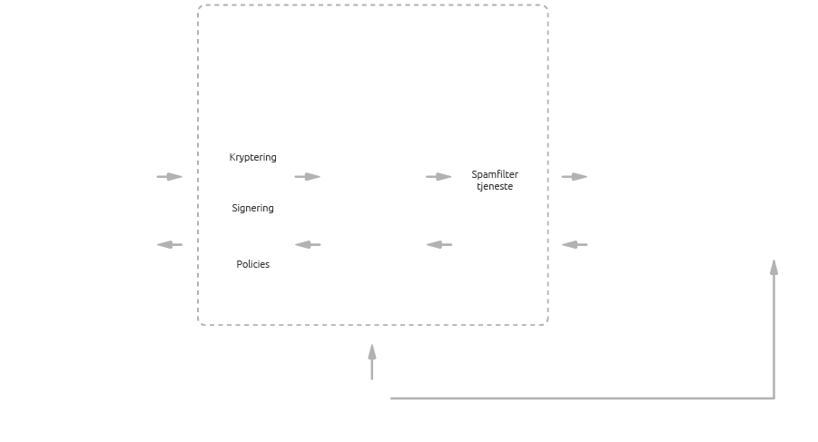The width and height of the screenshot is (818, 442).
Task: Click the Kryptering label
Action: pos(252,158)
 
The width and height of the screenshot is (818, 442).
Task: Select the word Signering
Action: pos(252,209)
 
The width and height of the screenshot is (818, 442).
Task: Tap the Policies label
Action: pos(252,265)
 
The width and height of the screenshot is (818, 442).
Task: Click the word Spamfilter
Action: pos(495,174)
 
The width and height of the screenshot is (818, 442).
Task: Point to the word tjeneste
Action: pos(495,187)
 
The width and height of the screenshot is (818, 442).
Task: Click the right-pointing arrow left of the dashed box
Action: pos(170,177)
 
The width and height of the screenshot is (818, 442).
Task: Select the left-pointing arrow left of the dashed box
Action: pos(170,245)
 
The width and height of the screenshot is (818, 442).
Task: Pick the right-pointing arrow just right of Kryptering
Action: pos(308,177)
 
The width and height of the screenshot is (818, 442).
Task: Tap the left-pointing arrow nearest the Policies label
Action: pos(309,245)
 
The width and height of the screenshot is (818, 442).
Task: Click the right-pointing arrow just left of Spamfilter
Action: pos(439,177)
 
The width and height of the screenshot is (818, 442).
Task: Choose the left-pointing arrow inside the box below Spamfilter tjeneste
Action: pos(439,245)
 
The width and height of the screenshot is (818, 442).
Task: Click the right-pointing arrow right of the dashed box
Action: pos(575,177)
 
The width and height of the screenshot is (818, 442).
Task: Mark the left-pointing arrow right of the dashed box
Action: pos(575,245)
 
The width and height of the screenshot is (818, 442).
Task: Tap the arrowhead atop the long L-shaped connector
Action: pos(774,267)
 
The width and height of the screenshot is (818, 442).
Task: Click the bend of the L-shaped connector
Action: pos(774,398)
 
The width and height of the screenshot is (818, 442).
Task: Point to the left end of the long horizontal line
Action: pos(392,398)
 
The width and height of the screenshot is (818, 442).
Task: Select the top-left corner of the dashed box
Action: pos(200,6)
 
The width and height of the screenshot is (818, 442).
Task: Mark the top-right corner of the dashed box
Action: pos(547,6)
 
